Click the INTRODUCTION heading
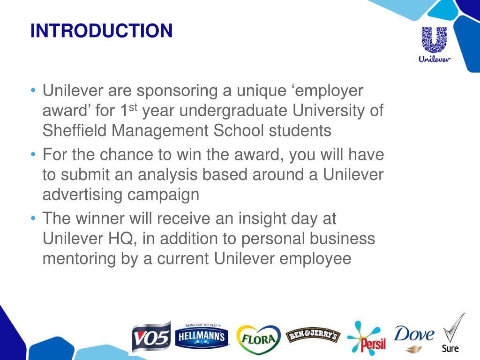coord(101,31)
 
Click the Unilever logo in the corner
coord(434,45)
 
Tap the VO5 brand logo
coord(151,337)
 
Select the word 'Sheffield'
coord(75,130)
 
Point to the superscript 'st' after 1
coord(134,107)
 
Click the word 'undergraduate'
coord(236,111)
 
